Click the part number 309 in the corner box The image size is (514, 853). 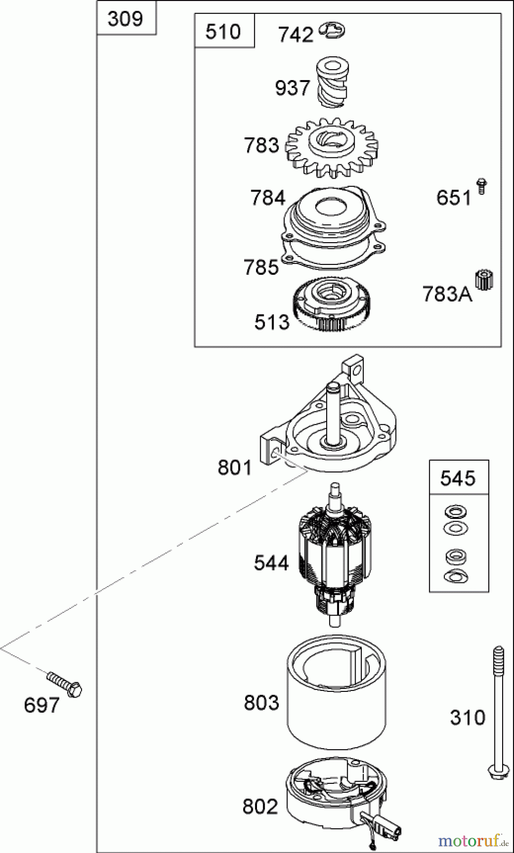[x=125, y=19]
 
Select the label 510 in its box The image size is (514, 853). [x=223, y=32]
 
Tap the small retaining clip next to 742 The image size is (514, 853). [x=333, y=30]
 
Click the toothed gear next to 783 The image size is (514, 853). [x=332, y=146]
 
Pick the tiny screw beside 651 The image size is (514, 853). [x=482, y=186]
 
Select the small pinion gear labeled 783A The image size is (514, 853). [x=484, y=280]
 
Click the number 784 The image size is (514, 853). [x=268, y=198]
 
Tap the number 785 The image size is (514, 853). [x=261, y=267]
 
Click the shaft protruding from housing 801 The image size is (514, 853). [x=334, y=412]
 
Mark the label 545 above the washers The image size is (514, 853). [x=458, y=478]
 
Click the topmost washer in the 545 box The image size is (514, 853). [x=456, y=512]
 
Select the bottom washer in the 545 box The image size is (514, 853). [x=456, y=576]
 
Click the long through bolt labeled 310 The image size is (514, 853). [x=498, y=711]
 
